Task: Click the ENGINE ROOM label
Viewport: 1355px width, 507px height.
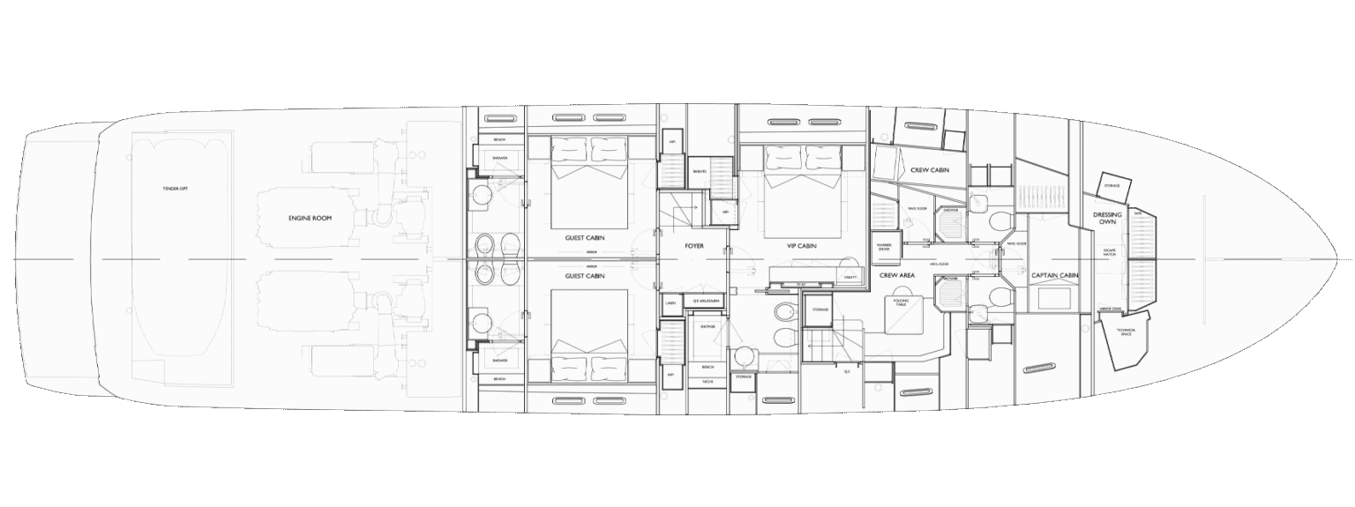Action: coord(310,217)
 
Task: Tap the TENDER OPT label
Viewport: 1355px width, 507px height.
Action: coord(176,189)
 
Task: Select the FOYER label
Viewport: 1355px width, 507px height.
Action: coord(694,246)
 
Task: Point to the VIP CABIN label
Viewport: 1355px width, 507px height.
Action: coord(802,246)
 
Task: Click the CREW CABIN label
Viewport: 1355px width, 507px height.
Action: coord(930,169)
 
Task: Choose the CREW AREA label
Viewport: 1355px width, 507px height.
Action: coord(897,275)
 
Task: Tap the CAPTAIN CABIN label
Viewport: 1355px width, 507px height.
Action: coord(1055,275)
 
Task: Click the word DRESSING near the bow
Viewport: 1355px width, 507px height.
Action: coord(1107,214)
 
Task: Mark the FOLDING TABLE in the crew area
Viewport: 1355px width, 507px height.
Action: coord(901,301)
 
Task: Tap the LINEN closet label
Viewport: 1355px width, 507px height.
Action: coord(670,302)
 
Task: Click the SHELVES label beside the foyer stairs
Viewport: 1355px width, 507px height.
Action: coord(699,171)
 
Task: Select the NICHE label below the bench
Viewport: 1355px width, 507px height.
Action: coord(707,381)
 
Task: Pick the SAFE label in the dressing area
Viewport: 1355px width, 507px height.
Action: coord(1138,213)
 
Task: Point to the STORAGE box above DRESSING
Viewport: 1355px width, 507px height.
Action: coord(1111,186)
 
